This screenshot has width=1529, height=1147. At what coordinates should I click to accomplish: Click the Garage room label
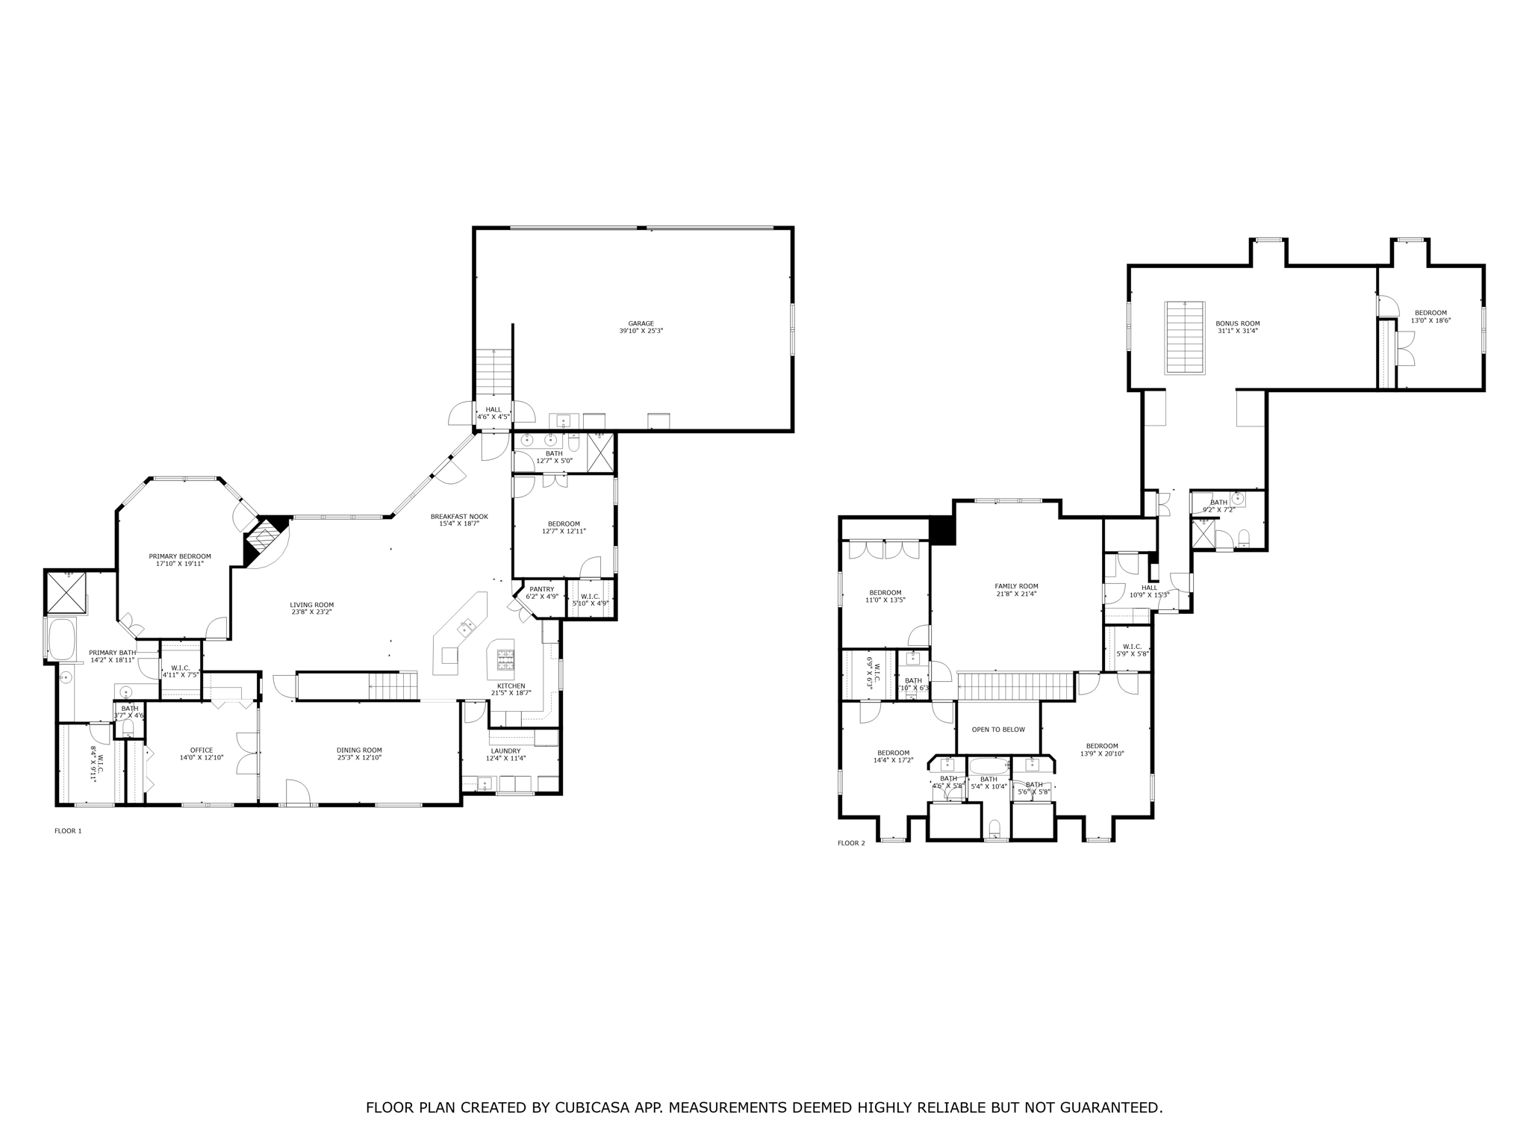tap(641, 323)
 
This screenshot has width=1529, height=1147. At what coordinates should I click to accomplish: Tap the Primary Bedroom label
tap(180, 556)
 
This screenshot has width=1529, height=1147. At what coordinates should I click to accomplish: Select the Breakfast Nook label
tap(459, 516)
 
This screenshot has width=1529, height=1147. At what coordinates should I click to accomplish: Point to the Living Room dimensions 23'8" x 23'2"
tap(312, 612)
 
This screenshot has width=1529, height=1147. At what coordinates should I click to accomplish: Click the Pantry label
tap(542, 589)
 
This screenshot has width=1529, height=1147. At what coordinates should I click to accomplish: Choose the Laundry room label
tap(505, 750)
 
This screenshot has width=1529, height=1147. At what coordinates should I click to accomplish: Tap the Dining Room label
tap(359, 750)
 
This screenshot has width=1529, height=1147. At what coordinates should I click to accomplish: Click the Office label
tap(202, 750)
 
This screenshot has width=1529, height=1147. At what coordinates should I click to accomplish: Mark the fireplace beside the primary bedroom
tap(265, 536)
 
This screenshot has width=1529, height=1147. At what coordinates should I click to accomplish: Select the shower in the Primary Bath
tap(66, 592)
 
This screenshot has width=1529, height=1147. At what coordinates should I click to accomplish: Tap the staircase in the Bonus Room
tap(1185, 337)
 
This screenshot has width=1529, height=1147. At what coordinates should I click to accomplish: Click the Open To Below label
tap(998, 730)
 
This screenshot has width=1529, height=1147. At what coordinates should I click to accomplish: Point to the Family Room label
tap(1016, 586)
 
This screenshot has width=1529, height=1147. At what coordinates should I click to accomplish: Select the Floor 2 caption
tap(851, 843)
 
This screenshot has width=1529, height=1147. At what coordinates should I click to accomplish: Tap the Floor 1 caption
tap(68, 830)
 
